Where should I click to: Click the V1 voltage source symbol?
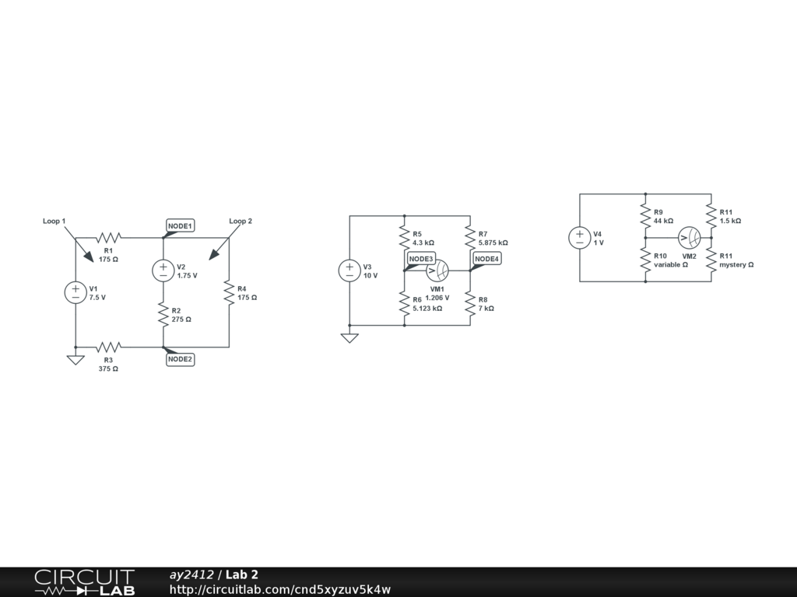pyautogui.click(x=75, y=292)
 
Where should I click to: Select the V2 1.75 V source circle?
pyautogui.click(x=163, y=270)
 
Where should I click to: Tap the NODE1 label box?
pyautogui.click(x=181, y=225)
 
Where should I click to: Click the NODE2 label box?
pyautogui.click(x=181, y=359)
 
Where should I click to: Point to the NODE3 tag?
pyautogui.click(x=421, y=259)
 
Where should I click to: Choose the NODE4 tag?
pyautogui.click(x=487, y=259)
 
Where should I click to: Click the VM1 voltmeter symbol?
pyautogui.click(x=437, y=271)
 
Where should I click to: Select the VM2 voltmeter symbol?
pyautogui.click(x=690, y=237)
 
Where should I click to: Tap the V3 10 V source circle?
pyautogui.click(x=349, y=271)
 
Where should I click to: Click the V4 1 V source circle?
pyautogui.click(x=580, y=237)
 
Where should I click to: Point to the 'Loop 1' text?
pyautogui.click(x=54, y=222)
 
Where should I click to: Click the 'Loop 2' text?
pyautogui.click(x=241, y=222)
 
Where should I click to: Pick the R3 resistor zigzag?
pyautogui.click(x=109, y=347)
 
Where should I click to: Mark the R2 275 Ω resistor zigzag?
pyautogui.click(x=163, y=314)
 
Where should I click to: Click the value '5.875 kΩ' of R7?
pyautogui.click(x=493, y=243)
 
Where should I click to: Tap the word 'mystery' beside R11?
pyautogui.click(x=733, y=264)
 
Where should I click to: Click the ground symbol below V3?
pyautogui.click(x=349, y=337)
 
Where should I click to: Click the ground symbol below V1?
pyautogui.click(x=75, y=359)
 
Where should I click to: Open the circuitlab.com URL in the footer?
pyautogui.click(x=280, y=589)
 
